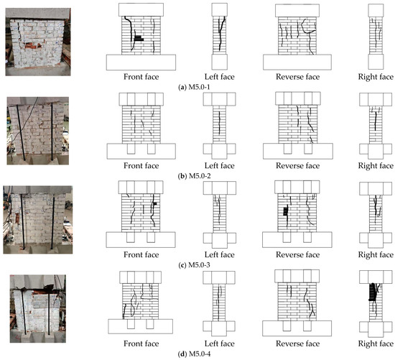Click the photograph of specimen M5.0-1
tap(38, 42)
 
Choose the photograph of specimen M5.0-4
tap(38, 308)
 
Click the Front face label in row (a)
tap(141, 77)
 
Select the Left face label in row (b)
tap(220, 166)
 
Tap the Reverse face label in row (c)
tap(298, 254)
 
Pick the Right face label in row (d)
tap(376, 343)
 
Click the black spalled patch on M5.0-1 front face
tap(139, 38)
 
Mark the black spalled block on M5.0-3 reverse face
tap(285, 211)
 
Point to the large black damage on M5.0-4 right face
tap(373, 292)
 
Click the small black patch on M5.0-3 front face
tap(155, 203)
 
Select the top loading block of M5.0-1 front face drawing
tap(141, 10)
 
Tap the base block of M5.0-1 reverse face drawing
tap(297, 63)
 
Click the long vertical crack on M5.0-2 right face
tap(376, 121)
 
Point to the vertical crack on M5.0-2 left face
tap(220, 123)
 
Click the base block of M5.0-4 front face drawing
tap(141, 326)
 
